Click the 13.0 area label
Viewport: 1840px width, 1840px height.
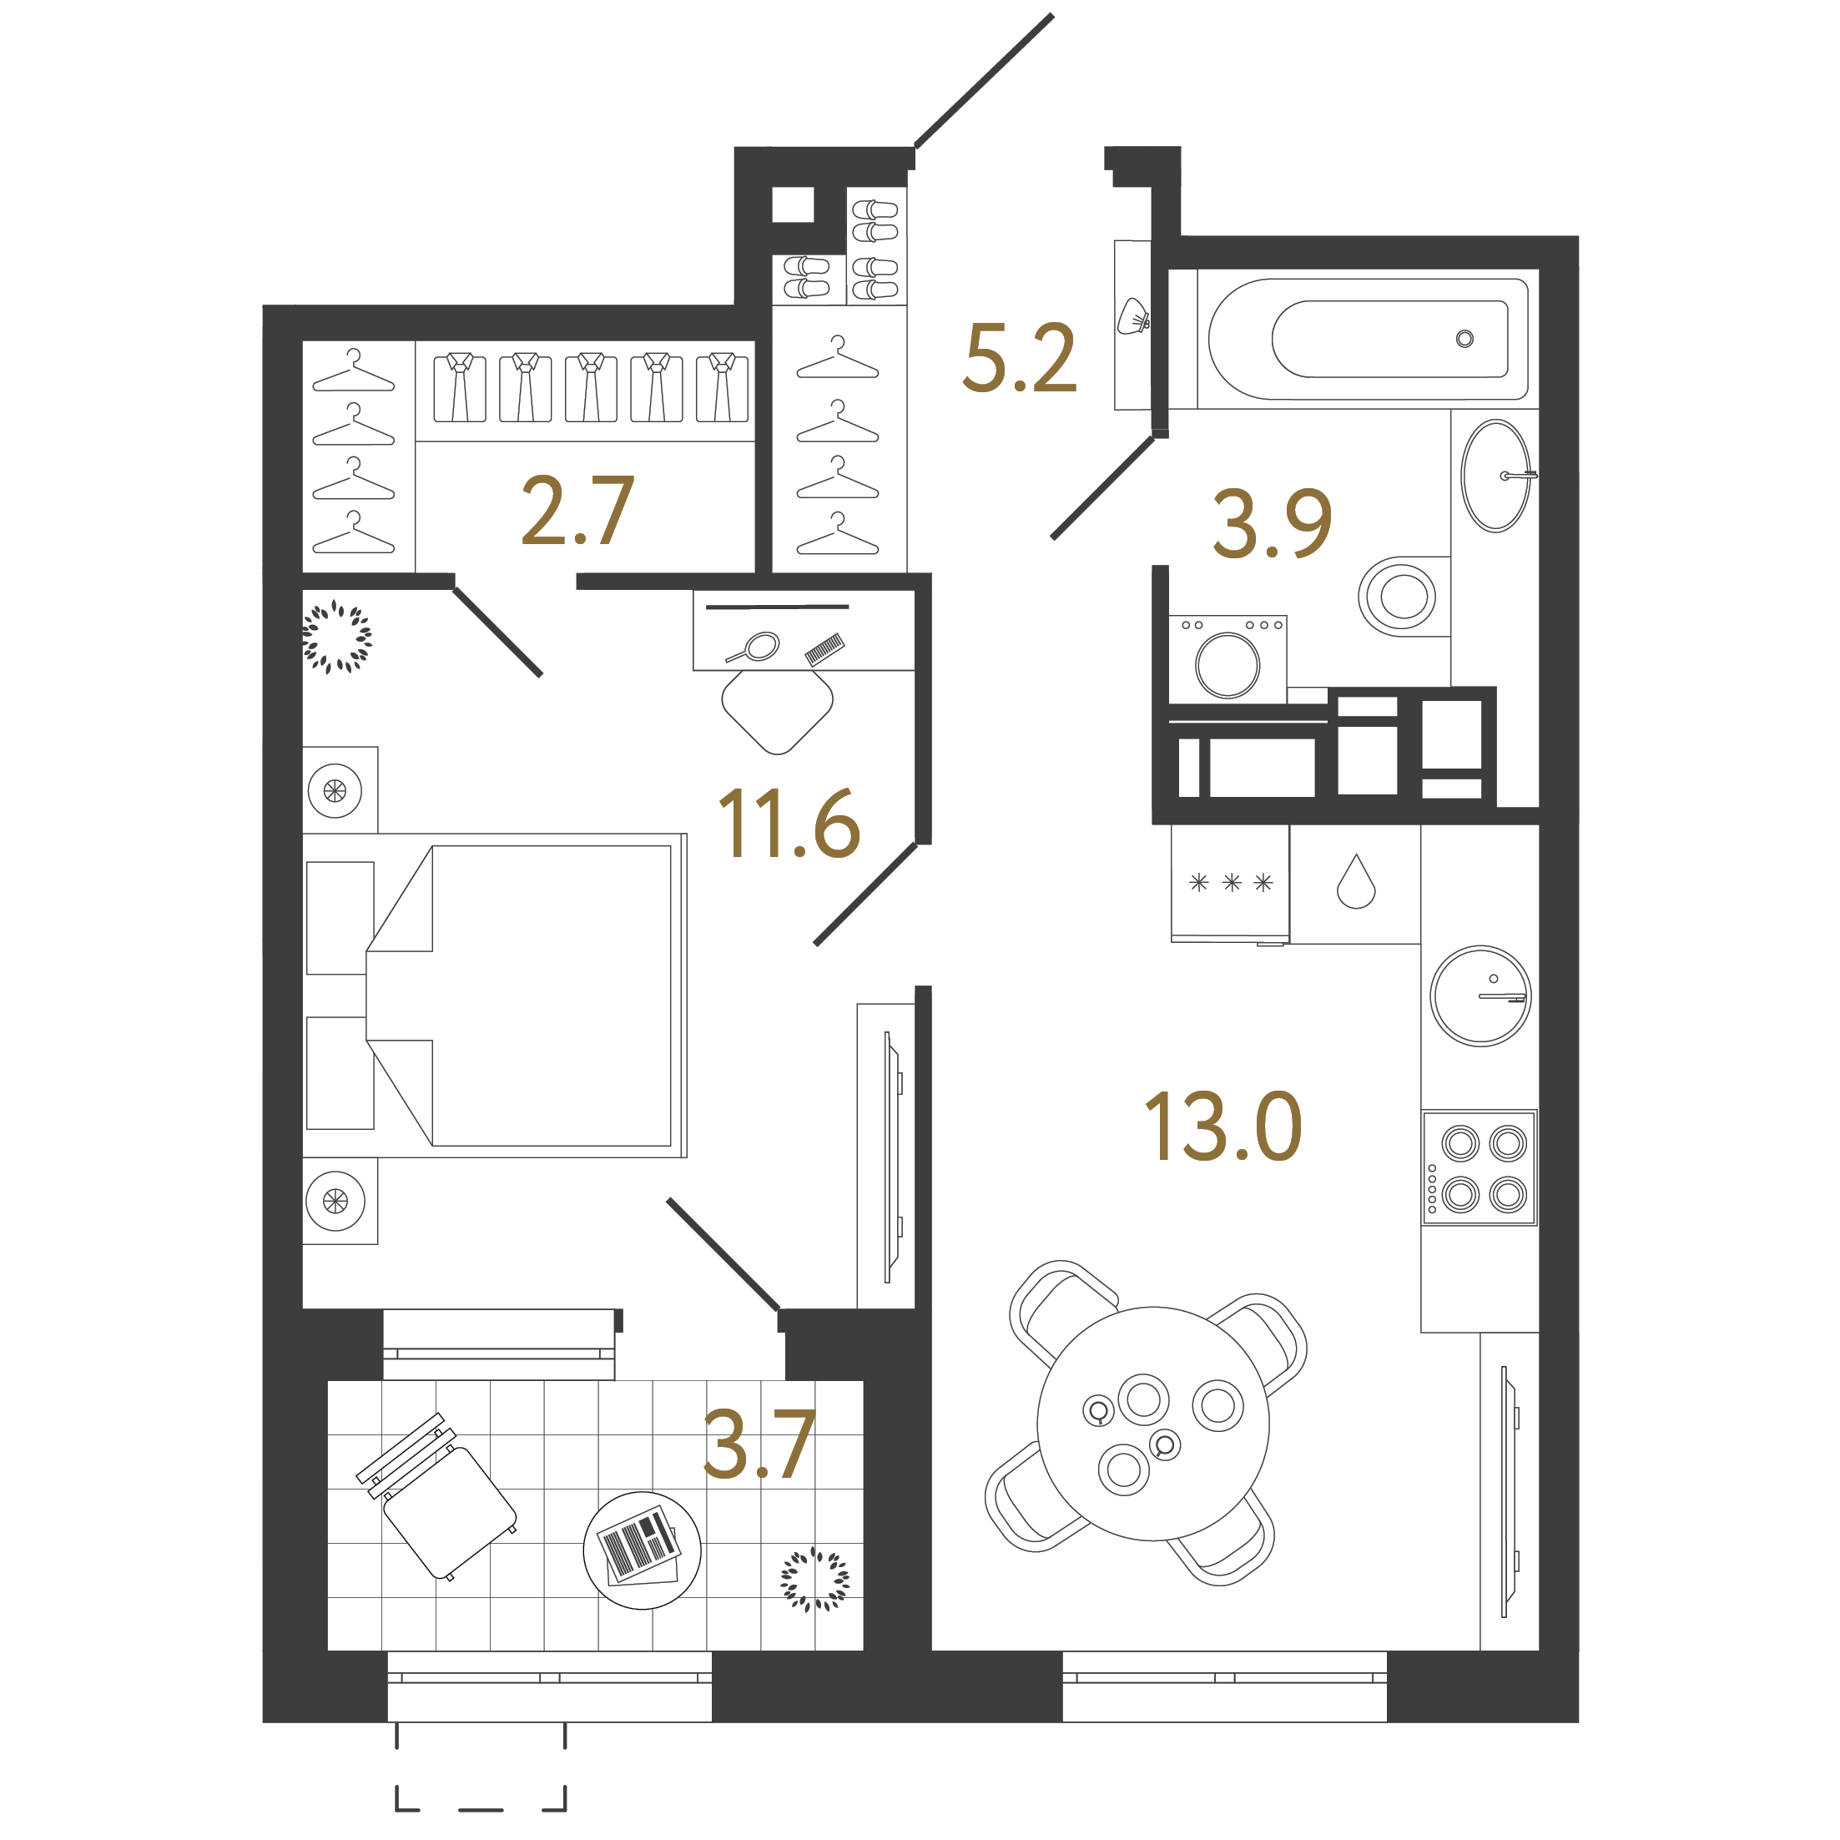pyautogui.click(x=1222, y=1127)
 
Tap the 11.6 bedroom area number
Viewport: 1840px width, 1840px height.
pyautogui.click(x=789, y=824)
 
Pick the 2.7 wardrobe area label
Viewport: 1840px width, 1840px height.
pyautogui.click(x=577, y=512)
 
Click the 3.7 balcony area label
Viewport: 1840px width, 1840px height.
pyautogui.click(x=759, y=1445)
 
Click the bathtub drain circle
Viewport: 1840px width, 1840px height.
pyautogui.click(x=1464, y=338)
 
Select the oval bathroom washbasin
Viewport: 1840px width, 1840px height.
pyautogui.click(x=1495, y=476)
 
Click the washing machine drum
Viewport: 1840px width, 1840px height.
pyautogui.click(x=1228, y=665)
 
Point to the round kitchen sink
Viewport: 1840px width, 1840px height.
pyautogui.click(x=1480, y=996)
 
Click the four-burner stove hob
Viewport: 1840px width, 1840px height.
pyautogui.click(x=1479, y=1167)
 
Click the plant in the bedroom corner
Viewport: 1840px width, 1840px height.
pyautogui.click(x=336, y=636)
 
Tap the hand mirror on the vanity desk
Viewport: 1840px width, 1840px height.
pyautogui.click(x=757, y=648)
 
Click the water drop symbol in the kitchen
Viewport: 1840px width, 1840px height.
pyautogui.click(x=1355, y=882)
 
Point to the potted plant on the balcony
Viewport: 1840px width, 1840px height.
pyautogui.click(x=814, y=1579)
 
